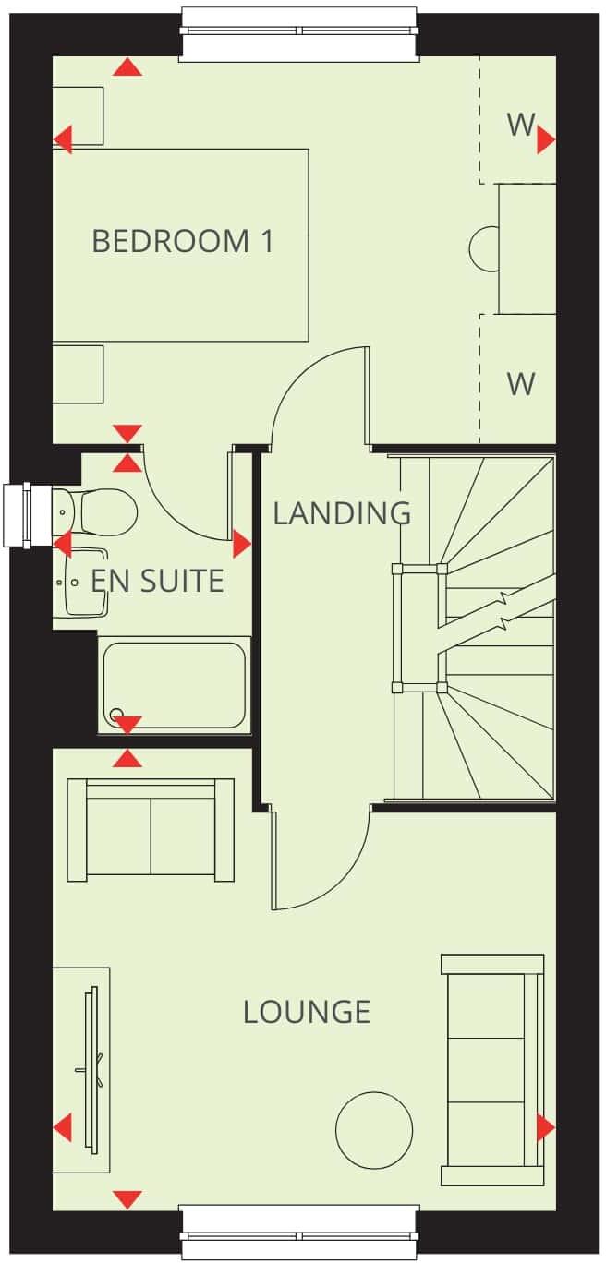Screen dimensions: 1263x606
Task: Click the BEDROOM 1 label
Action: click(183, 242)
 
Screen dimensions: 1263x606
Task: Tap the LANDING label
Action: click(342, 512)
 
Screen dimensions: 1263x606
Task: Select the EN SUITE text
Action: click(157, 581)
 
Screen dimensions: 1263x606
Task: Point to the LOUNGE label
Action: click(307, 1012)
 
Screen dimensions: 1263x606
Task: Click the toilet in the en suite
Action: click(103, 511)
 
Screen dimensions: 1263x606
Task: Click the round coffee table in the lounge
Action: click(373, 1129)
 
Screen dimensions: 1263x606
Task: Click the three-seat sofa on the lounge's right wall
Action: click(491, 1069)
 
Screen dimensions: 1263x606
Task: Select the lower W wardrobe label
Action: click(521, 383)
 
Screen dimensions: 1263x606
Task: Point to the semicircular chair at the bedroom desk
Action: click(482, 248)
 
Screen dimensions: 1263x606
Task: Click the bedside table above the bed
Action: click(78, 115)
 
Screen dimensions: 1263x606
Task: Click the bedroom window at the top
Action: click(300, 33)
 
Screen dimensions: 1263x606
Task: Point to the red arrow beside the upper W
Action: click(545, 139)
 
